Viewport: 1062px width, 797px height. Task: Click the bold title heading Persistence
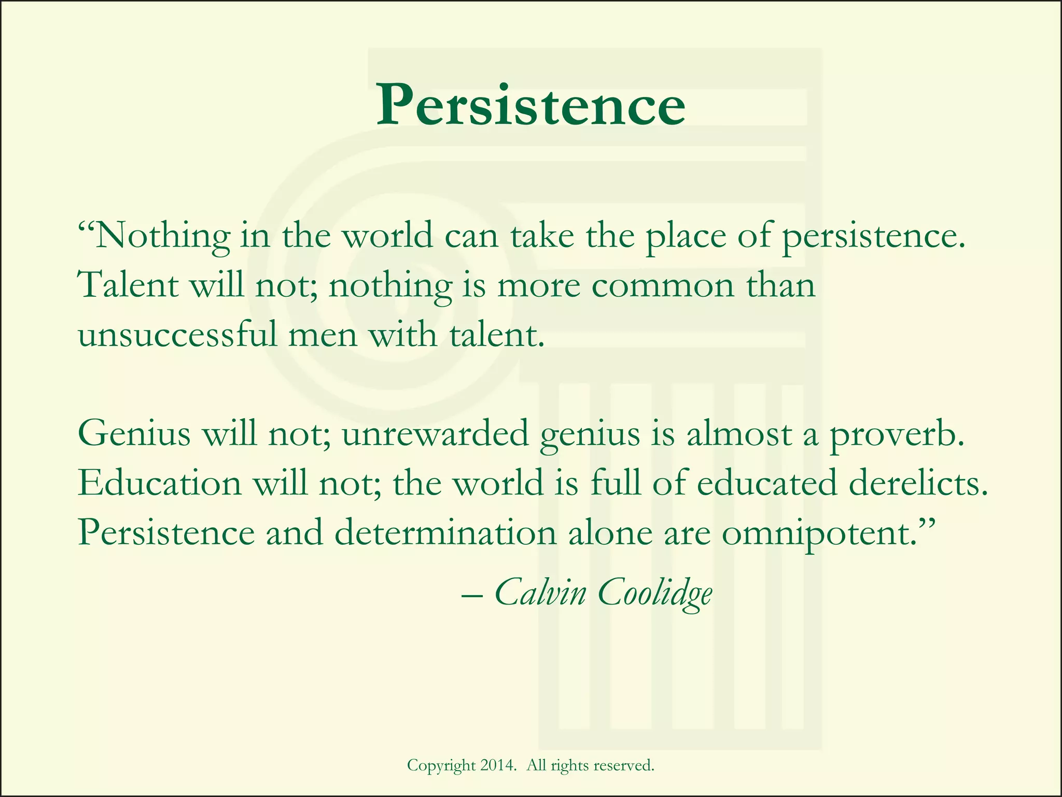tap(530, 105)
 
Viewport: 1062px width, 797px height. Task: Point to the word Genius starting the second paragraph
tap(134, 434)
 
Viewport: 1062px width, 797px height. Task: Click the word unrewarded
tap(435, 434)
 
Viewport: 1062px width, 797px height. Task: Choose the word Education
tap(159, 483)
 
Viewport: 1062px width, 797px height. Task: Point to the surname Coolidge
tap(655, 593)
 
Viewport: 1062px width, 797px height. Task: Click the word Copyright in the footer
tap(441, 766)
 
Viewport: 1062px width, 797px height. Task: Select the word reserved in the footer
tap(623, 765)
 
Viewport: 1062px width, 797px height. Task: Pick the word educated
tap(767, 483)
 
